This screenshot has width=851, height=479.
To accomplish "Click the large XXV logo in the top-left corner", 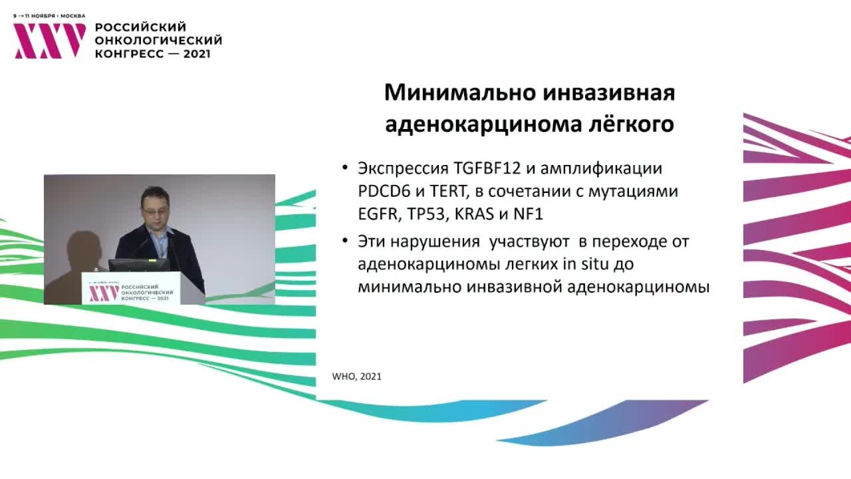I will pyautogui.click(x=51, y=41).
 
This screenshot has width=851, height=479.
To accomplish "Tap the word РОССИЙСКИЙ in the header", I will pyautogui.click(x=140, y=27).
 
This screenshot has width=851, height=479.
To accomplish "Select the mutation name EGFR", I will pyautogui.click(x=376, y=214).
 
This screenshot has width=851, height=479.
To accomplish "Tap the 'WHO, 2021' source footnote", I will pyautogui.click(x=356, y=377).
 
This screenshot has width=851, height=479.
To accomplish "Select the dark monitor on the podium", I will pyautogui.click(x=139, y=264).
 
